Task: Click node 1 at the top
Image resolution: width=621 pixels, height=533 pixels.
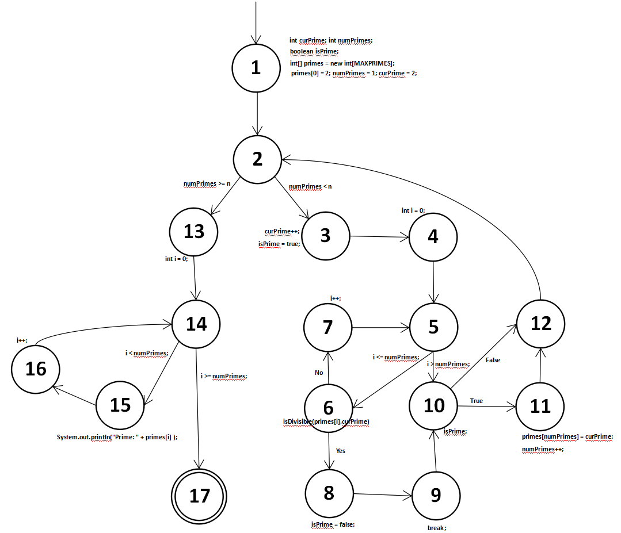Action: [256, 68]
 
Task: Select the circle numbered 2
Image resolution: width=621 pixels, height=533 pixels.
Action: [257, 159]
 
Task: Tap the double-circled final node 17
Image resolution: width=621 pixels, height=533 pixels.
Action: [200, 495]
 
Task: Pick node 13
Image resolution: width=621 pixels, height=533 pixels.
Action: [194, 231]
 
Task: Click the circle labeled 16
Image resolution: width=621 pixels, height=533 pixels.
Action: [36, 368]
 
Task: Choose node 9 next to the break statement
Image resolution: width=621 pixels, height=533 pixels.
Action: [435, 496]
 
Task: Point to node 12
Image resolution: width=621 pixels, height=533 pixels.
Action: [540, 323]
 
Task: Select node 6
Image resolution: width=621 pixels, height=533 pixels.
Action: [329, 408]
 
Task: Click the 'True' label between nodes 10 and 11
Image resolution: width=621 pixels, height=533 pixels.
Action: [477, 400]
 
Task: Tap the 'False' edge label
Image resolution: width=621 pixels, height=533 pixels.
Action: [493, 360]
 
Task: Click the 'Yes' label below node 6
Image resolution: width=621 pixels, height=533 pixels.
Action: [341, 451]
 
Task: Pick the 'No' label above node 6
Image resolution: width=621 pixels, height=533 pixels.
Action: [319, 373]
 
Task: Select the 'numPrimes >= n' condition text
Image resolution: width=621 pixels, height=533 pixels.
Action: [207, 183]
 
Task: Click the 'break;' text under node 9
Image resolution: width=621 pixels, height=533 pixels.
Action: [437, 527]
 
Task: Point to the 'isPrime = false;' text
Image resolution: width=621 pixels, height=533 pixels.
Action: [333, 524]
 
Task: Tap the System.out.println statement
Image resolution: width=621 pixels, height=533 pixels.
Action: [117, 437]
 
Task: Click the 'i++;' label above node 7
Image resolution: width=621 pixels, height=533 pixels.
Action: [335, 298]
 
